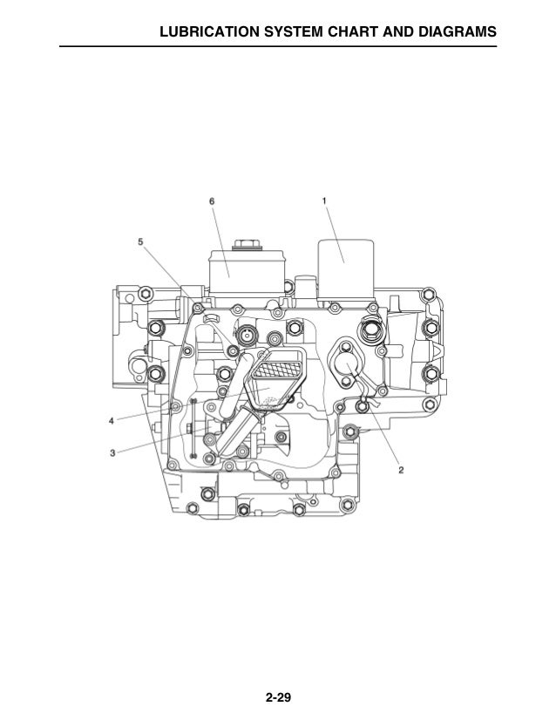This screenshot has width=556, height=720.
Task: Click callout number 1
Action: point(325,200)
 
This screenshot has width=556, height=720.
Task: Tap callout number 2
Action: point(401,471)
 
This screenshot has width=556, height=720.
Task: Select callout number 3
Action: point(112,452)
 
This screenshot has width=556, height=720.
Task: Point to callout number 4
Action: point(112,421)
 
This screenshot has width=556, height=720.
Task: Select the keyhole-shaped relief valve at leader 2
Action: point(342,365)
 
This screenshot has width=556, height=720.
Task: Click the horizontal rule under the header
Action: point(278,46)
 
